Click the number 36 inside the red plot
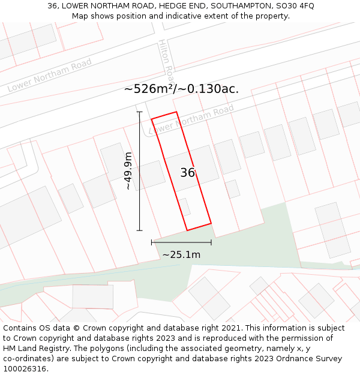(x=188, y=173)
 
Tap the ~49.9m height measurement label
(x=127, y=172)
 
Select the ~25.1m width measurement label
(x=181, y=254)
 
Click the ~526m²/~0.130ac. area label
(x=181, y=89)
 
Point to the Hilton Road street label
(x=166, y=61)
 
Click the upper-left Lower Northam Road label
(x=50, y=75)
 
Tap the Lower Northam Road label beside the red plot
(x=191, y=119)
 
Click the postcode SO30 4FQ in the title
(x=298, y=5)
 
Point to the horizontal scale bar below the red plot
(x=181, y=242)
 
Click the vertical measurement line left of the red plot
(x=140, y=171)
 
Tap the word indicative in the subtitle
(x=163, y=16)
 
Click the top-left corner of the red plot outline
(x=151, y=119)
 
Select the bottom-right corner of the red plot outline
(x=211, y=223)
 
